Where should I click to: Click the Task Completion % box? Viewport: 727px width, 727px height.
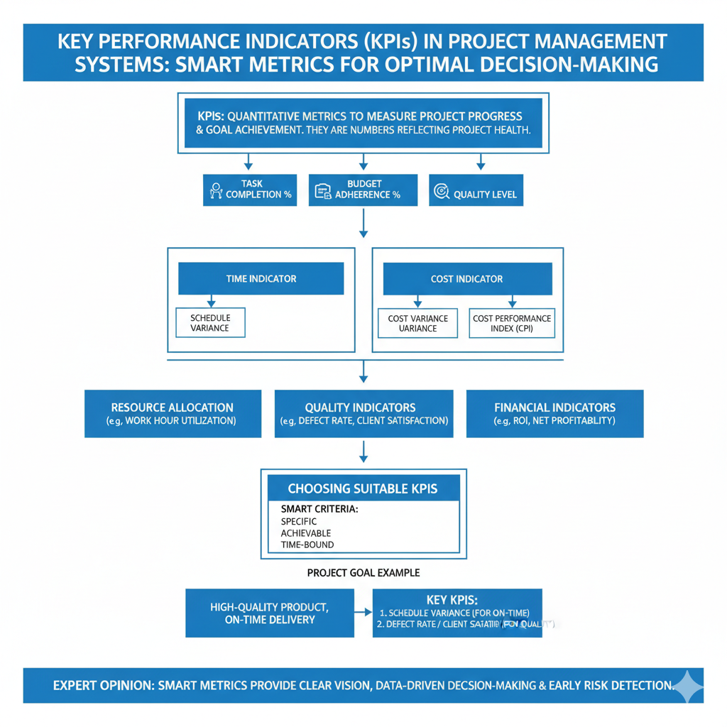point(249,190)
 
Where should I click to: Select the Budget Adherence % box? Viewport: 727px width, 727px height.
point(363,190)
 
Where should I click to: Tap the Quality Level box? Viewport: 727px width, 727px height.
point(476,191)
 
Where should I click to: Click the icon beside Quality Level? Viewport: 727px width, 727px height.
point(441,191)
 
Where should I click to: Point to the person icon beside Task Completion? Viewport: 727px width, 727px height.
point(216,190)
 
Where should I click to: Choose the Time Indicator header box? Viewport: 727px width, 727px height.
point(261,279)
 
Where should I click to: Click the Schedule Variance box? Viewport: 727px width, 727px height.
point(210,322)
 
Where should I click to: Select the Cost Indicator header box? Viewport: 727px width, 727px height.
point(467,279)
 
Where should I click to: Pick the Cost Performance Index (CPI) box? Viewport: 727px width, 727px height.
point(512,322)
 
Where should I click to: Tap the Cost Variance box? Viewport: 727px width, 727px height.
point(417,322)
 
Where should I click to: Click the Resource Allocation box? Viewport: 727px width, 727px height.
point(173,413)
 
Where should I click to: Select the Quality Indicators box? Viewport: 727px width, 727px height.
point(363,413)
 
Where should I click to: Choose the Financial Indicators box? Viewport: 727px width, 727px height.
point(554,413)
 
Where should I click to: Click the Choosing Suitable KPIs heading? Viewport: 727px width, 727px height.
point(363,488)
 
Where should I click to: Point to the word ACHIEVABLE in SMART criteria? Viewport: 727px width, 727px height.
point(306,533)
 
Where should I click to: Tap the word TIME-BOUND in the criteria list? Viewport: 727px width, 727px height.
point(307,545)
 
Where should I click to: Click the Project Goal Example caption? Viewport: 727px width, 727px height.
point(363,572)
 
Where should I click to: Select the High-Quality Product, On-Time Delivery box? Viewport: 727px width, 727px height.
point(269,613)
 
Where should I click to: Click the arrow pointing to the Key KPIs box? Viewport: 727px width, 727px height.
point(363,612)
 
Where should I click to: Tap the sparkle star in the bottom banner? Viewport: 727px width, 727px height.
point(687,686)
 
